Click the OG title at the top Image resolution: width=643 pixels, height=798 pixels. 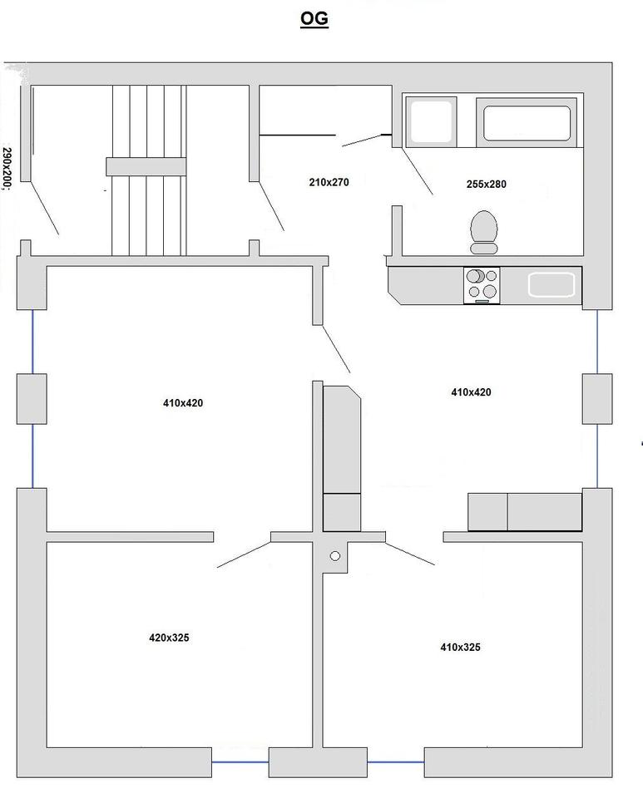tap(314, 19)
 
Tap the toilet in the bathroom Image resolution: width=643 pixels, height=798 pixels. tap(483, 232)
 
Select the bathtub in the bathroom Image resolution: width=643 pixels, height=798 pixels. tap(527, 123)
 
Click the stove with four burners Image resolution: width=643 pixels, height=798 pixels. tap(482, 285)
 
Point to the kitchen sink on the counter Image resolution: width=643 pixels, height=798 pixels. tap(551, 284)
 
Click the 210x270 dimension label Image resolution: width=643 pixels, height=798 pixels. tap(329, 182)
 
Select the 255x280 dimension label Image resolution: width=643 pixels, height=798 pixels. tap(486, 185)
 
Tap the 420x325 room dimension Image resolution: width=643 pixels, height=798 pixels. tap(169, 638)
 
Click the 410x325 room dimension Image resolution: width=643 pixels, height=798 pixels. tap(460, 648)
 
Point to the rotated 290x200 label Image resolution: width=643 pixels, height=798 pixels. tap(7, 169)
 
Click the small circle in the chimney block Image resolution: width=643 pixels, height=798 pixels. tap(335, 556)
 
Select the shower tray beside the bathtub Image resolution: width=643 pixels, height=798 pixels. tap(431, 122)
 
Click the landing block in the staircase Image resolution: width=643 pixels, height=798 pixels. tap(146, 166)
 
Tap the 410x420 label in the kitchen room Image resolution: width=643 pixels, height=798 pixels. tap(471, 392)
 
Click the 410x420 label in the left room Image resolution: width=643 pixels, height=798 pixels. tap(183, 403)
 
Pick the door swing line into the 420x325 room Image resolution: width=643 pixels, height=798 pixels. tap(244, 554)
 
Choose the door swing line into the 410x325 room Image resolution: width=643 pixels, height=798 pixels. tap(410, 554)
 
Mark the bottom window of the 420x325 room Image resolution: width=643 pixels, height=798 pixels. tap(240, 762)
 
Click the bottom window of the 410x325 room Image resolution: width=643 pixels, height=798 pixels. tap(396, 762)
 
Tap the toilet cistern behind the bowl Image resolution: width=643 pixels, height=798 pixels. tap(483, 248)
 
